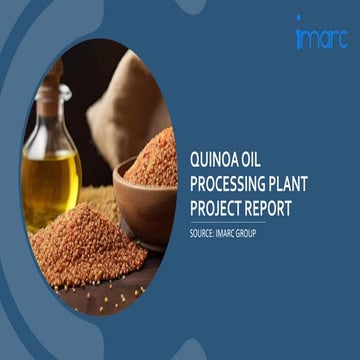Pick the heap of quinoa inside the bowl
(155, 160)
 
